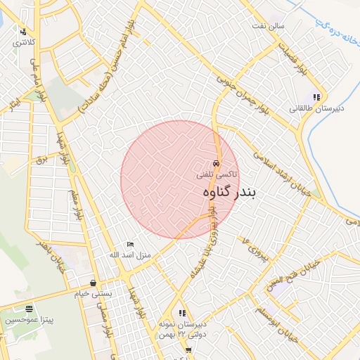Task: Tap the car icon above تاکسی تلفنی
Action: pos(215,162)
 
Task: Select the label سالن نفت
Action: pos(269,26)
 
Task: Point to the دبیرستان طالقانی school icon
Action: pos(317,98)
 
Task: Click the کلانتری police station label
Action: pos(22,43)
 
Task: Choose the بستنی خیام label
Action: pos(94,293)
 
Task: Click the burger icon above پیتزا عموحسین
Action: pos(29,309)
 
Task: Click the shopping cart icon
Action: pos(188,350)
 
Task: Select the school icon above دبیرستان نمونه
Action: pos(182,313)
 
